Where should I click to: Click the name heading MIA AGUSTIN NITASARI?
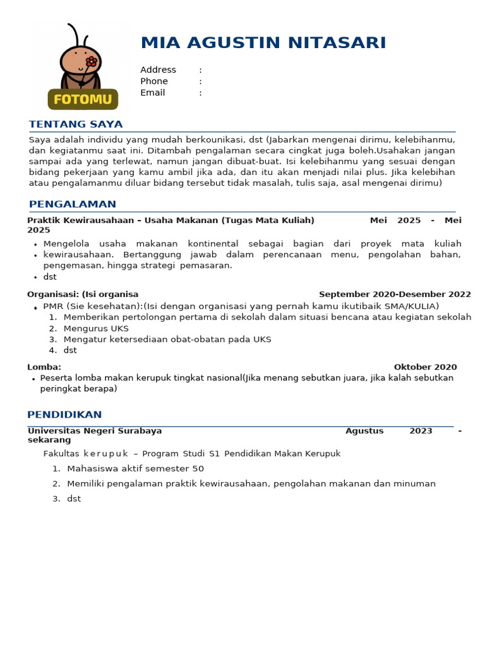coord(263,43)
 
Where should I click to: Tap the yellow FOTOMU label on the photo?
coord(83,100)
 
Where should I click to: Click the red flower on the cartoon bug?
coord(92,61)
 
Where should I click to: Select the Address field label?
coord(158,70)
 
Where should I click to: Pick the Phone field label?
coord(154,82)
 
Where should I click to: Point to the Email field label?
coord(152,93)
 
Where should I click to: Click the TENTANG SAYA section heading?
coord(76,124)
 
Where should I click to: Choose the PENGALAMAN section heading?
coord(73,204)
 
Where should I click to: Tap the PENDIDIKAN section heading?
coord(65,415)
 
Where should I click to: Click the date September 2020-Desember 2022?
coord(395,294)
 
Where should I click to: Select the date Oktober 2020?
coord(425,367)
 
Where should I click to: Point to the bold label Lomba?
coord(44,367)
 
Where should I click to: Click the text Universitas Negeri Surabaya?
coord(95,431)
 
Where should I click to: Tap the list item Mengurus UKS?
coord(96,329)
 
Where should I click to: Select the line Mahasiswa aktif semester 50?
coord(135,469)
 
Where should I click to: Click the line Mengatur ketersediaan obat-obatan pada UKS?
coord(167,339)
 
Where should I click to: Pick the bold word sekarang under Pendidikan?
coord(49,440)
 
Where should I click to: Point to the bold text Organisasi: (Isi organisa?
coord(83,294)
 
